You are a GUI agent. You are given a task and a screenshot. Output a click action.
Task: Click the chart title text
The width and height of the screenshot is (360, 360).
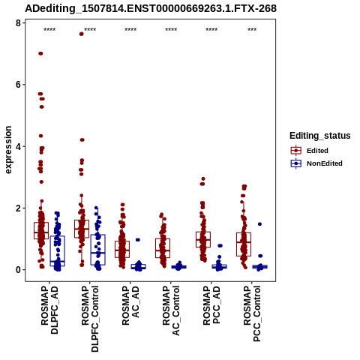pos(151,8)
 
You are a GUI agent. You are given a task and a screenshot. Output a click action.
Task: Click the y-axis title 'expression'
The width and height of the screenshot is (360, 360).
pos(8,150)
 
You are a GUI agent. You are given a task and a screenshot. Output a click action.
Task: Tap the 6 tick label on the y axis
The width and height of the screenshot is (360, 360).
pos(18,85)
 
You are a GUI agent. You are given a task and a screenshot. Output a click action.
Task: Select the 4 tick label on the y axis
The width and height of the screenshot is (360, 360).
pos(18,146)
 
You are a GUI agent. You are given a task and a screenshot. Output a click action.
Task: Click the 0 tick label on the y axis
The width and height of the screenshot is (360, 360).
pos(18,270)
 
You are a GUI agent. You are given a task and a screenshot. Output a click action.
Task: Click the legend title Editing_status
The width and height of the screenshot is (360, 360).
pos(320,136)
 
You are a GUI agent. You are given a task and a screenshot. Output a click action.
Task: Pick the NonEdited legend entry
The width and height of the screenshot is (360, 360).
pos(316,163)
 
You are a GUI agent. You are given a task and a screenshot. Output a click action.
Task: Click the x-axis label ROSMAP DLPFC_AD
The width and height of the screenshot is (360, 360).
pos(49,310)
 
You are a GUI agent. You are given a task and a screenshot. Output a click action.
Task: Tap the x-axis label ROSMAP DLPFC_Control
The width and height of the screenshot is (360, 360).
pos(90,319)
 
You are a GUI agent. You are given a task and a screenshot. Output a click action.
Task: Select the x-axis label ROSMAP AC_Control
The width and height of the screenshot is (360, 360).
pos(171,310)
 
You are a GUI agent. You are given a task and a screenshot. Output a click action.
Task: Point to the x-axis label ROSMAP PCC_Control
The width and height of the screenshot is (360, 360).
pos(252,313)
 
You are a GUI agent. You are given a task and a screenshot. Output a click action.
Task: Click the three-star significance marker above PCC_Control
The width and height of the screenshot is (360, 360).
pos(252,30)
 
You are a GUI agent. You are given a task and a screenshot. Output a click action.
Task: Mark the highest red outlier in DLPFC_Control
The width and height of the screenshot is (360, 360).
pos(81,34)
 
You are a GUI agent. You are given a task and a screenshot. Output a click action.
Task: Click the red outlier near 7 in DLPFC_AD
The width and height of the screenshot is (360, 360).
pos(40,53)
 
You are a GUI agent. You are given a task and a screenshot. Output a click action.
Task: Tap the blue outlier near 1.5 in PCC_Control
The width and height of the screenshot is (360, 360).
pos(259,224)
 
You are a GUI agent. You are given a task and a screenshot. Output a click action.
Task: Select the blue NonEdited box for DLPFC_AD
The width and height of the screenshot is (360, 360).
pos(58,251)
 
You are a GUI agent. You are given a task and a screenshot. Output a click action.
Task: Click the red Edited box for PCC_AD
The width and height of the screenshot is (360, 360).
pos(203,239)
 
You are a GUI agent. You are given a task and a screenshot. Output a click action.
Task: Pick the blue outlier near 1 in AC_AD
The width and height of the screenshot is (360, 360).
pos(138,240)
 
